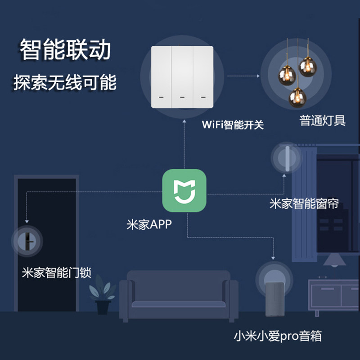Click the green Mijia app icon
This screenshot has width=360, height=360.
point(184,191)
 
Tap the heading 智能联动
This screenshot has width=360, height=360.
point(65,50)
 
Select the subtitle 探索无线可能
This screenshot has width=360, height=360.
point(65,83)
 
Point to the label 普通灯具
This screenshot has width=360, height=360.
point(323,121)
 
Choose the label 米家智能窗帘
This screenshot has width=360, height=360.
point(304,203)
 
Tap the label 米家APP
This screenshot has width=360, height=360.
point(149,224)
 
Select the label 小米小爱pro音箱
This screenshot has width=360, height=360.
point(278,336)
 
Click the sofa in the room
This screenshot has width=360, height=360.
point(178,295)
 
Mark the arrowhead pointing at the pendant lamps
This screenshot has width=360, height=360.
point(258,76)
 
